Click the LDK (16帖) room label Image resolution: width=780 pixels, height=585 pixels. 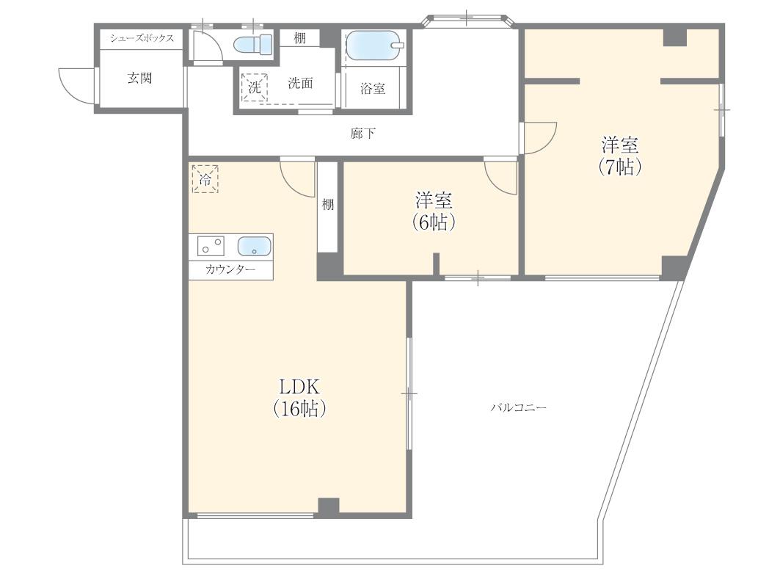(299, 397)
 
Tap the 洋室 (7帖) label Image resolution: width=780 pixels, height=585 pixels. (620, 156)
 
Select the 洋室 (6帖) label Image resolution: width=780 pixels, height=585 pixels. (434, 211)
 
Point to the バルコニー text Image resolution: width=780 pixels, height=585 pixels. (518, 408)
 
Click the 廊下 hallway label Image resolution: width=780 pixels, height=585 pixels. (363, 134)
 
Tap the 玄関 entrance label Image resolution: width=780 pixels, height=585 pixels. (139, 78)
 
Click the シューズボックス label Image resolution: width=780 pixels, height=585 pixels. (142, 38)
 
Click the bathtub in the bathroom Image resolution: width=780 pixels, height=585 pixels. (373, 46)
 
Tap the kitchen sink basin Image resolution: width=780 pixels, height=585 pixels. (254, 247)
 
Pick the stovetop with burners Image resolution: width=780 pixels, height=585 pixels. (211, 246)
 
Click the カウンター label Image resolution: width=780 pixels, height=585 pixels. (230, 269)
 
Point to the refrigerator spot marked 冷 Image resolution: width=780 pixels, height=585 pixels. (205, 178)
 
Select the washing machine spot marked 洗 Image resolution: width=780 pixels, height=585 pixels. (255, 88)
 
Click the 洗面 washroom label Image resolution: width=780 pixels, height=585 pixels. (300, 83)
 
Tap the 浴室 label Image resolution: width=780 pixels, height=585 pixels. (373, 89)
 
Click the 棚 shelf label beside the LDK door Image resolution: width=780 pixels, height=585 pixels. (327, 204)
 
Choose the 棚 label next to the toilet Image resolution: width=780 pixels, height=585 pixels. (299, 38)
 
